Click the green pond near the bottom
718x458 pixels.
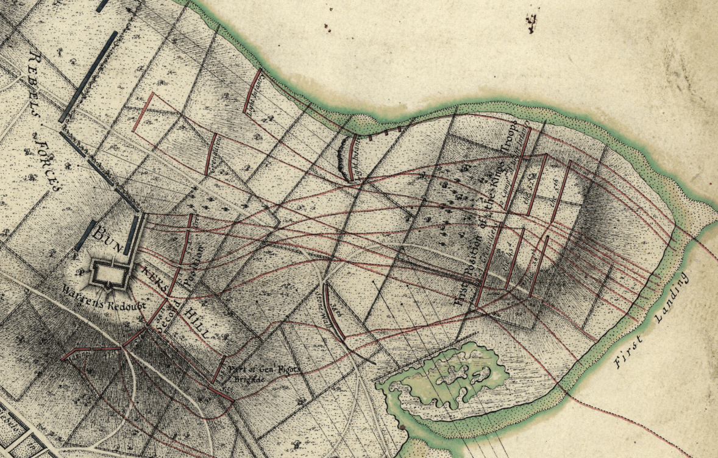tap(451, 378)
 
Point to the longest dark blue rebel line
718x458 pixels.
tap(88, 76)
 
